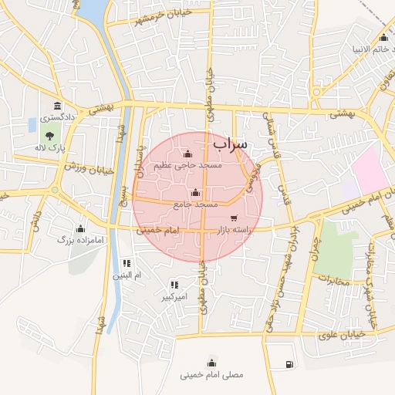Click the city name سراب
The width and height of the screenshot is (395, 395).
[x=230, y=144]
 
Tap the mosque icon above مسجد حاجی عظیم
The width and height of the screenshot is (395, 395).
[x=188, y=153]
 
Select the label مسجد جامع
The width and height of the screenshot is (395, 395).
[x=195, y=204]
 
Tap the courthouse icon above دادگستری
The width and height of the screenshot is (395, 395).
[x=57, y=106]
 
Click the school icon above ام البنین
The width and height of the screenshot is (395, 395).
[x=127, y=263]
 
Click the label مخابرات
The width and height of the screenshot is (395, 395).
[x=333, y=281]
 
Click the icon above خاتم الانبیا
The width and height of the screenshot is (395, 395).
[x=383, y=38]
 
